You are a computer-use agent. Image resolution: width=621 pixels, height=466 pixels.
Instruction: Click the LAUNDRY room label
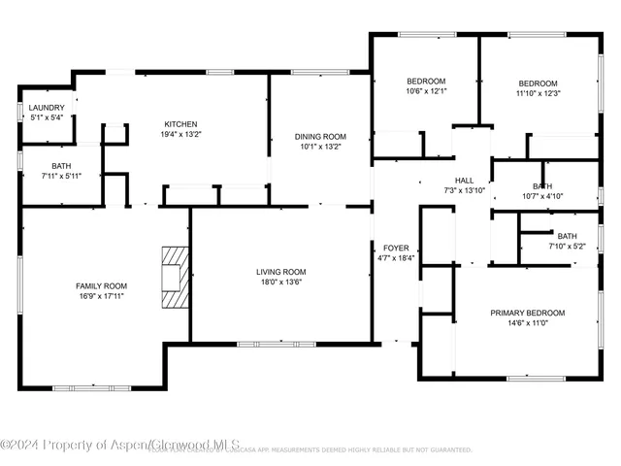tap(47, 108)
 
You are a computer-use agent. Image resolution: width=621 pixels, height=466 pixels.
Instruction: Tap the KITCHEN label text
tap(180, 124)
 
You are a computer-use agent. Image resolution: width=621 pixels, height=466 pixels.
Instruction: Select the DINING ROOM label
tap(320, 136)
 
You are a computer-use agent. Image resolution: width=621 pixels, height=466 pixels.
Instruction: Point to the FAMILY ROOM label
tap(102, 285)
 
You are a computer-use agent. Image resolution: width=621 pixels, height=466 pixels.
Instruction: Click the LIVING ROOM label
tap(281, 272)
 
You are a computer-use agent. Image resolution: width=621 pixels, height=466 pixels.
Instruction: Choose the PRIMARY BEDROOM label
tap(527, 313)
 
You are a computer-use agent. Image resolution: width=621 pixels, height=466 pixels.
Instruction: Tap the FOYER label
tap(396, 248)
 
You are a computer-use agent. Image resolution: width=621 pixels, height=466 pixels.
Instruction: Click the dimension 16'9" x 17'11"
tap(102, 296)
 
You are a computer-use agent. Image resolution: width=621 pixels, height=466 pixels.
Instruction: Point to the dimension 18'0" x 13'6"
tap(281, 283)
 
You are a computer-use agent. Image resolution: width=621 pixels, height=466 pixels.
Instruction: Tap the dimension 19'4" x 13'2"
tap(180, 135)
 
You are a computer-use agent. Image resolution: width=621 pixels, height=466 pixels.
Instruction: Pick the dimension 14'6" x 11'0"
tap(527, 323)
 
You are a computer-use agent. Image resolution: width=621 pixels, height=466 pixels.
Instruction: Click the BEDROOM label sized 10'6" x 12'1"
tap(425, 81)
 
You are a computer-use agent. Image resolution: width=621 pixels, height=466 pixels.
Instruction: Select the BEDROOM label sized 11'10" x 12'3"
tap(538, 83)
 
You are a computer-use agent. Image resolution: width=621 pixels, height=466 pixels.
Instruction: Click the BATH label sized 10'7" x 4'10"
tap(542, 185)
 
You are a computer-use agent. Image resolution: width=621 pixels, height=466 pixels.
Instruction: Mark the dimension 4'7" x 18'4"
tap(396, 258)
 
